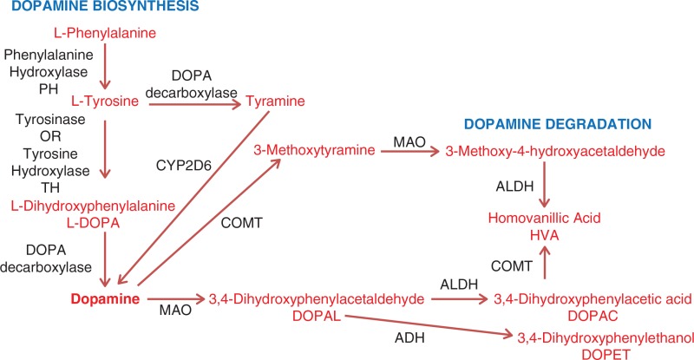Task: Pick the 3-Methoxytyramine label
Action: [x=314, y=151]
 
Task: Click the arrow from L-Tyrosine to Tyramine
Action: [x=193, y=103]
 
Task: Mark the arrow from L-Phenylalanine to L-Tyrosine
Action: [x=104, y=66]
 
